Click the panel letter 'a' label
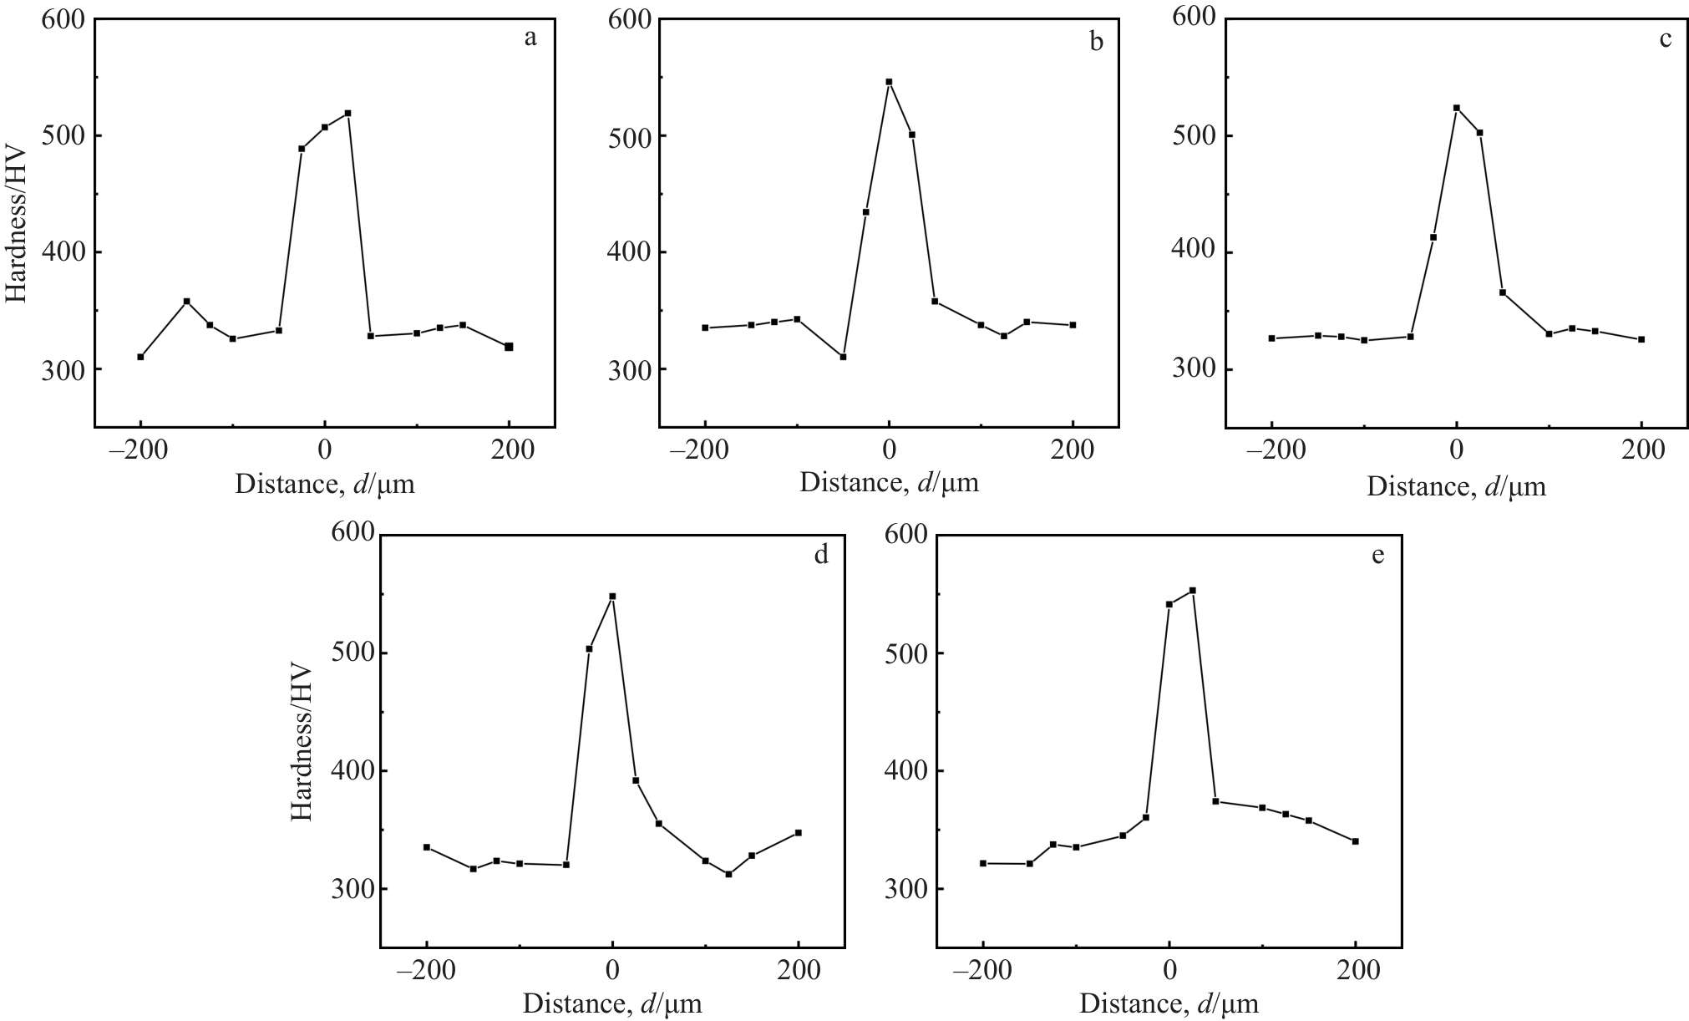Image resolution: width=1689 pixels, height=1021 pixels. tap(530, 38)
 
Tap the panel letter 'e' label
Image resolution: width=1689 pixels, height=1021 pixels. tap(1377, 555)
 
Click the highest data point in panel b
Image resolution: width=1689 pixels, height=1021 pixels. tap(889, 82)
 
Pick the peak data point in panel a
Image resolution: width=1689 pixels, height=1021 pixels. tap(347, 113)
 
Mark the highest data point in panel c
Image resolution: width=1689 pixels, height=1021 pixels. tap(1456, 108)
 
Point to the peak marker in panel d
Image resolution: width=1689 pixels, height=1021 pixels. tap(612, 597)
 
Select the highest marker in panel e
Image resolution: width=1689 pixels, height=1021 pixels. tap(1192, 591)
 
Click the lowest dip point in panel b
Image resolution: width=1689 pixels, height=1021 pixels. tap(843, 357)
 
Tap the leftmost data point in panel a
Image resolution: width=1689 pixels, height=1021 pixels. tap(140, 357)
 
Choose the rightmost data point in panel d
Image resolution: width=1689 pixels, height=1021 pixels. tap(799, 833)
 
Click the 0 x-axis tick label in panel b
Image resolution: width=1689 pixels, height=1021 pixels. tap(889, 450)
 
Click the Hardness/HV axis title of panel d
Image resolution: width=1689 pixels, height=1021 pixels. tap(301, 744)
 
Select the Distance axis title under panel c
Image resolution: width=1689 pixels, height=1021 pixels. tap(1456, 486)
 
